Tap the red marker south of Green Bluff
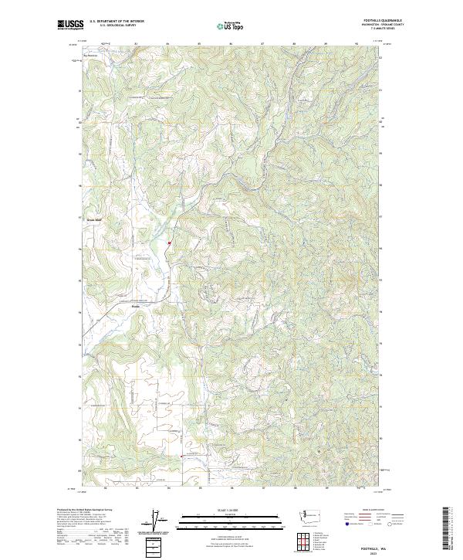tap(169, 243)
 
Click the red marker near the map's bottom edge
tap(181, 456)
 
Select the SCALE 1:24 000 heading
tap(231, 508)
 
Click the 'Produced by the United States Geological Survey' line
tap(84, 509)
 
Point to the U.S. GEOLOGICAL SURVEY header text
tap(116, 25)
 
